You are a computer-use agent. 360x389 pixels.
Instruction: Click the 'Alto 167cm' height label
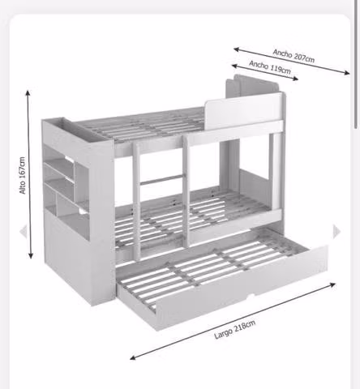tap(23, 175)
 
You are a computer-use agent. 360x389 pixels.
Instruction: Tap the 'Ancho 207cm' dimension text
tap(294, 56)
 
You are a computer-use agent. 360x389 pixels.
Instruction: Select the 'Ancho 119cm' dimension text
tap(270, 67)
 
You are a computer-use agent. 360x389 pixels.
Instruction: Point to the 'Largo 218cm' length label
tap(234, 330)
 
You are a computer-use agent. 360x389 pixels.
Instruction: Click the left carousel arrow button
tap(24, 232)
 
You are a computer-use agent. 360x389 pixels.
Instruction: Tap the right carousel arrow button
tap(336, 232)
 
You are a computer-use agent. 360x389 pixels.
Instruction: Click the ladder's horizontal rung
tap(161, 179)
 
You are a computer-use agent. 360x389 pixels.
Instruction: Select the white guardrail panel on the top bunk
tap(243, 110)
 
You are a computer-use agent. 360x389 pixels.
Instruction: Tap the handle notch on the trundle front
tap(251, 297)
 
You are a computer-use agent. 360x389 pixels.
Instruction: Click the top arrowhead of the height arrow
tap(28, 93)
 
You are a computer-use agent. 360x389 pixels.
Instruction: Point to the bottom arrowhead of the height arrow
tap(31, 255)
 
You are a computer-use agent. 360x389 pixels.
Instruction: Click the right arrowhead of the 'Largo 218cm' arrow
tap(332, 284)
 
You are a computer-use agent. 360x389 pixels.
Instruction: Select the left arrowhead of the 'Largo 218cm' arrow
tap(133, 357)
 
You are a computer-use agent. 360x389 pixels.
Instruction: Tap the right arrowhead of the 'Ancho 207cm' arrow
tap(346, 72)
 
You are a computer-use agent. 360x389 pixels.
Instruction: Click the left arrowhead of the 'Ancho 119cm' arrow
tap(234, 66)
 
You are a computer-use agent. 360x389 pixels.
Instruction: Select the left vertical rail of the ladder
tap(136, 201)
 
